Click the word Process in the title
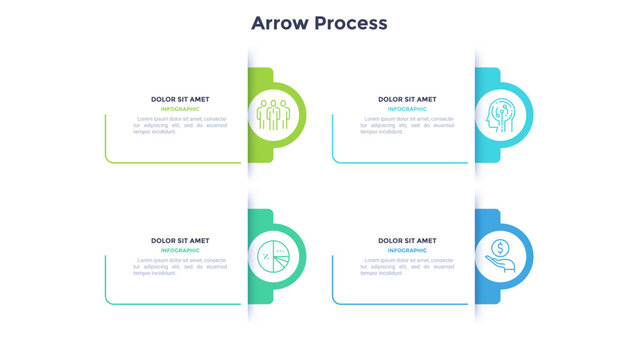point(351,22)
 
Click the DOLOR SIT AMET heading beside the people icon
point(180,99)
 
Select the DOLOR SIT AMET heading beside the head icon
point(407,99)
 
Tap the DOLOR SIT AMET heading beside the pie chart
point(180,241)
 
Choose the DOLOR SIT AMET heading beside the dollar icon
point(407,241)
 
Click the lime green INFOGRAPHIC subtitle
point(180,108)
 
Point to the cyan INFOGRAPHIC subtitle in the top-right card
point(407,108)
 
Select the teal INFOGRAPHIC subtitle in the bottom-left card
point(180,250)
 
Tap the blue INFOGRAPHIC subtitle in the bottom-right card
point(407,250)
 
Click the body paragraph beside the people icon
point(180,125)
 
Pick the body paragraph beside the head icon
point(407,125)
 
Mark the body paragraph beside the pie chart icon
point(180,266)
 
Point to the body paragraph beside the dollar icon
point(407,266)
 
